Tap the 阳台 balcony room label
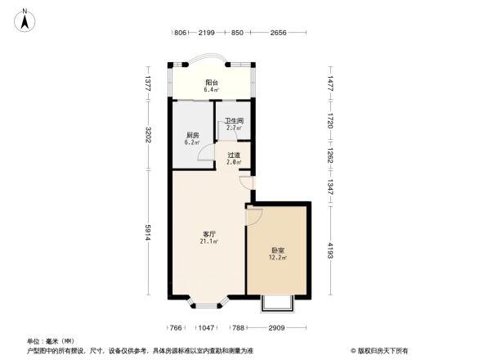(211, 82)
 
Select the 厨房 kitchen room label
(192, 135)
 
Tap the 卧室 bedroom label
(278, 250)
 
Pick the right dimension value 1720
(331, 120)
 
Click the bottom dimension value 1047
(206, 327)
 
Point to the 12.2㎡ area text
(278, 258)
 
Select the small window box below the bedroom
(276, 304)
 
